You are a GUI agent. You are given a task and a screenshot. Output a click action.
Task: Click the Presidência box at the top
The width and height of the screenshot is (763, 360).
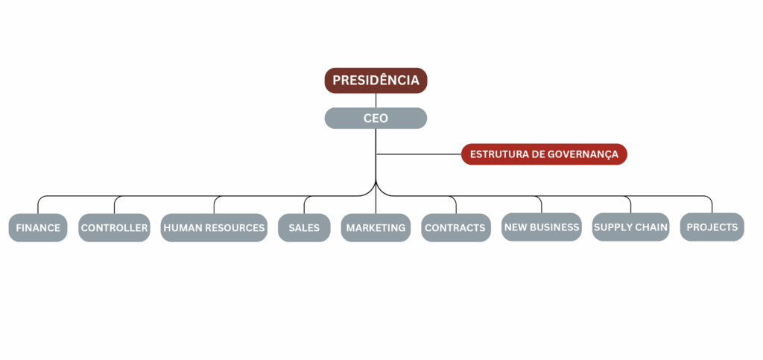(376, 80)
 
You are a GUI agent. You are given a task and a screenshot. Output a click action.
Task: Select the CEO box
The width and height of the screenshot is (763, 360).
(376, 118)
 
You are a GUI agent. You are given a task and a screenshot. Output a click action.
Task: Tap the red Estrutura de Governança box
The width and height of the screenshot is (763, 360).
(544, 154)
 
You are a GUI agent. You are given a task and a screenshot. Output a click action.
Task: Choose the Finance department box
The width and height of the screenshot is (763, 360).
(38, 228)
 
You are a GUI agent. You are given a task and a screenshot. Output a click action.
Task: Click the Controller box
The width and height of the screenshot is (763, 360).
(114, 228)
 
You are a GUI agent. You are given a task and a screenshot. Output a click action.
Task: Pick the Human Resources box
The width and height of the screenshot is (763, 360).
(214, 228)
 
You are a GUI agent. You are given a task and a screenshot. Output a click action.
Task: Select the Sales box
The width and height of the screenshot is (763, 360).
(304, 228)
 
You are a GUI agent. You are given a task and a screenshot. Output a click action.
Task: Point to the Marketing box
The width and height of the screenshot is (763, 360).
(376, 228)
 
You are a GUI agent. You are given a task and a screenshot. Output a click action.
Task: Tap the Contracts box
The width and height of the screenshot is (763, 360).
(455, 228)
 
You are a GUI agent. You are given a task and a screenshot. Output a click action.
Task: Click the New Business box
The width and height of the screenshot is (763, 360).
(542, 227)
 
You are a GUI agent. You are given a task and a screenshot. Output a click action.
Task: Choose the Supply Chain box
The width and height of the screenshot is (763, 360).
(630, 227)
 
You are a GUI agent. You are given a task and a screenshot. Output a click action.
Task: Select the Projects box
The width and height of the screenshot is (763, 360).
(712, 227)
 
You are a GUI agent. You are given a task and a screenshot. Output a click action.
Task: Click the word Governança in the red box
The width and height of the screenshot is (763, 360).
(587, 154)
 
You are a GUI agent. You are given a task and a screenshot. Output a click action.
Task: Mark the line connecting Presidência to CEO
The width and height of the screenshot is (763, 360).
(376, 101)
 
